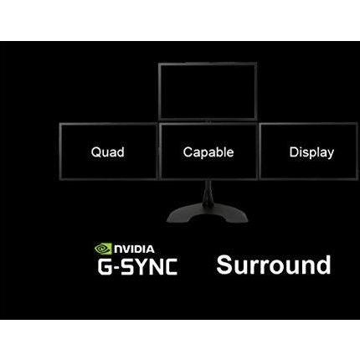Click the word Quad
pos(108,152)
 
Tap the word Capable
pos(208,152)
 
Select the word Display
pos(311,152)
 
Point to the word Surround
pos(274,265)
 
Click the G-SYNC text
pos(137,267)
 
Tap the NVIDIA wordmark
pos(134,249)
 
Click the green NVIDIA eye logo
pos(103,249)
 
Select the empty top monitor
pos(208,91)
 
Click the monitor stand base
pos(208,215)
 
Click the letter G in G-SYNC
pos(105,267)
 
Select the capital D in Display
pos(294,152)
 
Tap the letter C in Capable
pos(188,152)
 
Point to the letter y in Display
pos(330,155)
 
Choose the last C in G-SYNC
pos(170,267)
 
